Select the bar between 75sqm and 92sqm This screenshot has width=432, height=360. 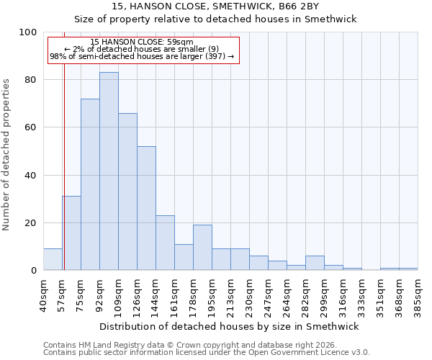90,184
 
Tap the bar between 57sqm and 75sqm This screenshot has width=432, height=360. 71,233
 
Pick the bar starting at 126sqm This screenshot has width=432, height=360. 146,208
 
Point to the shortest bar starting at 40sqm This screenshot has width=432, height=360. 53,259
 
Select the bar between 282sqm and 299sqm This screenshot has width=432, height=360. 315,263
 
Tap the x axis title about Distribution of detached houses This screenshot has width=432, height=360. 230,326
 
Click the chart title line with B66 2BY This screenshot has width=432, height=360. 230,6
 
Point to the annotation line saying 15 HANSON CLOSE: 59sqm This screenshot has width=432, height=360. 142,42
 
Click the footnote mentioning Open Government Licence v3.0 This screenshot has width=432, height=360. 207,353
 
